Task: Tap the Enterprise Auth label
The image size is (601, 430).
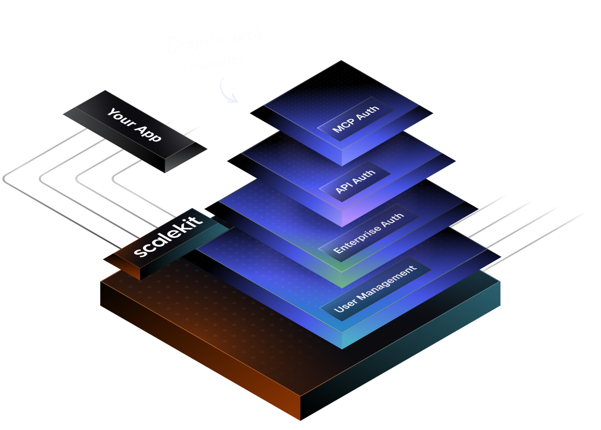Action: (368, 233)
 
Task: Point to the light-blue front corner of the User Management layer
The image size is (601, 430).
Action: (342, 340)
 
